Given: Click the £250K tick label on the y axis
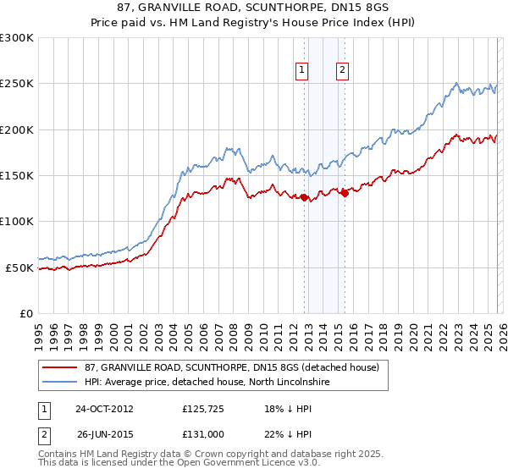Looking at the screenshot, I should click(x=17, y=84).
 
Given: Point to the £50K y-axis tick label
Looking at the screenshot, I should click(x=19, y=267).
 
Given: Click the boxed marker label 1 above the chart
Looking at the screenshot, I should click(x=302, y=71).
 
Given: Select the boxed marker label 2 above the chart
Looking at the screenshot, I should click(x=343, y=71).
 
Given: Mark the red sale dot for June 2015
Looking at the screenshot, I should click(x=345, y=193).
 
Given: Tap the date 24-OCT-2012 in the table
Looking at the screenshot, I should click(x=104, y=409).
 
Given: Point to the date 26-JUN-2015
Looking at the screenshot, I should click(x=104, y=433).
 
